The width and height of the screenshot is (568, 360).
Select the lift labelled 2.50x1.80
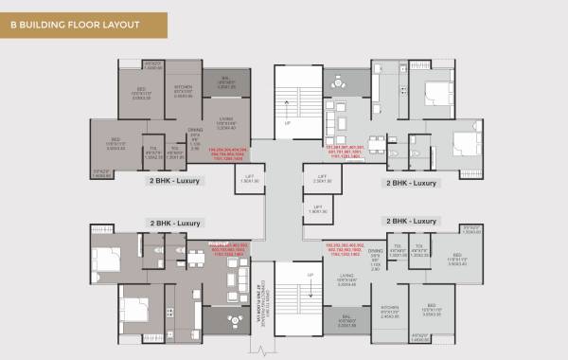tap(321, 178)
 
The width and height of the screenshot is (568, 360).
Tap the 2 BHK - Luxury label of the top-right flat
tap(412, 181)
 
